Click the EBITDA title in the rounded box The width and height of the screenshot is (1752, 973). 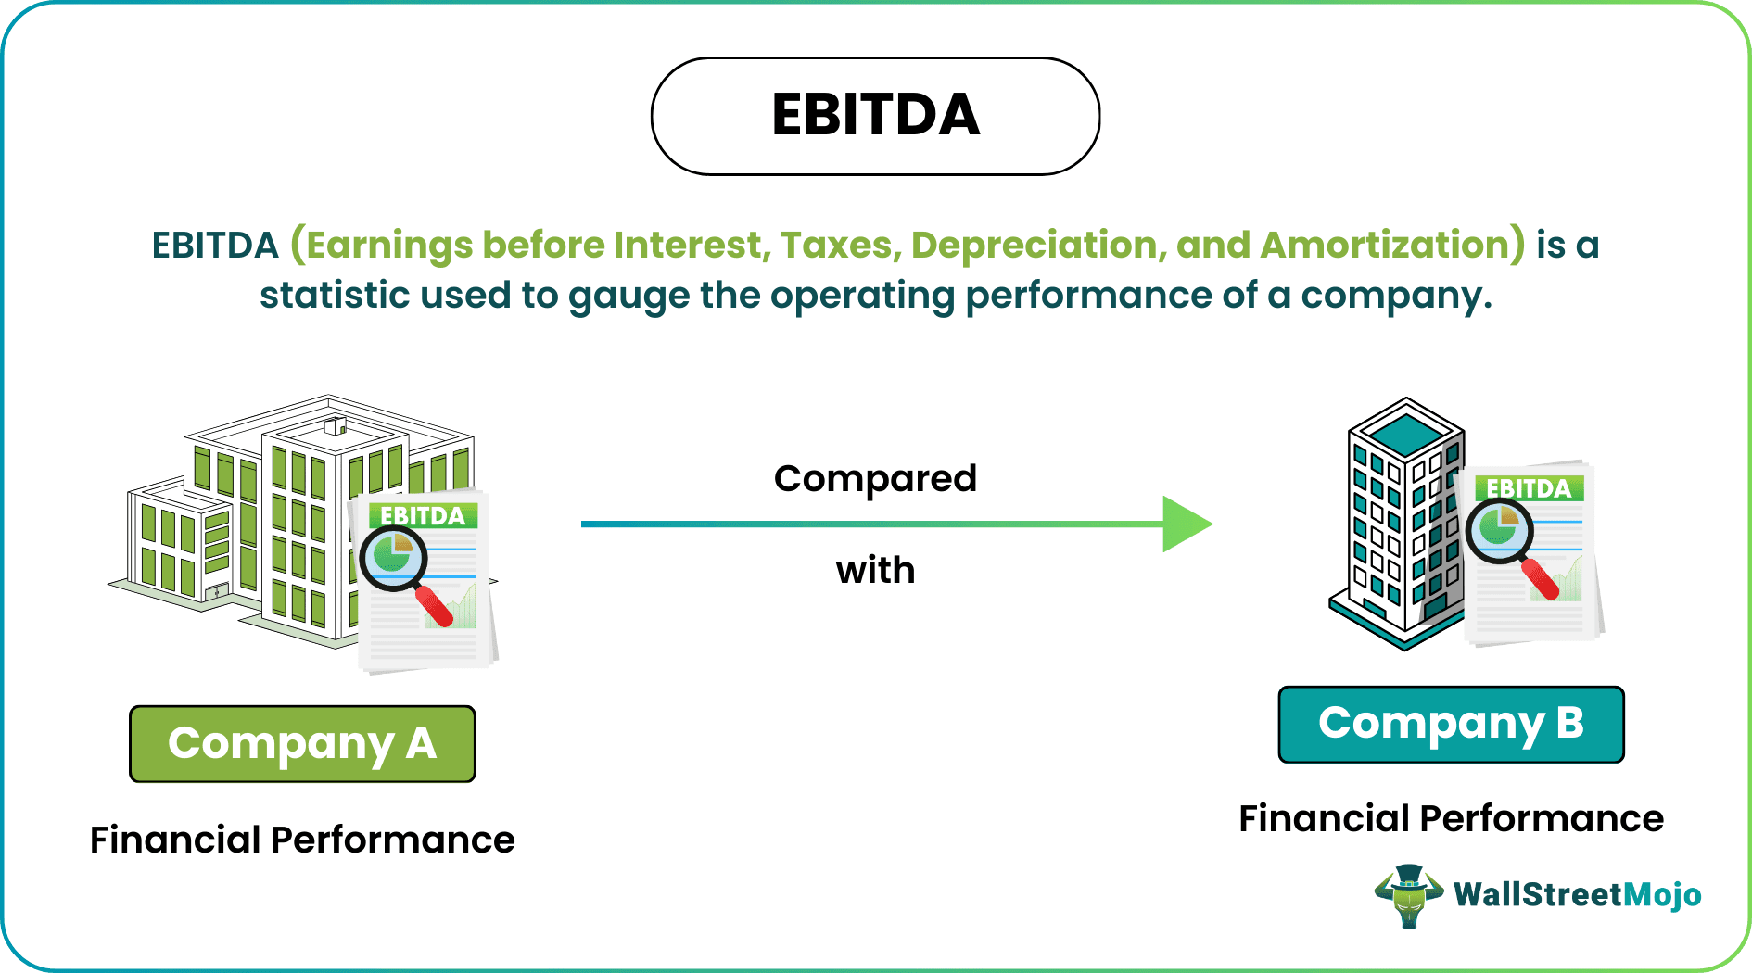tap(875, 116)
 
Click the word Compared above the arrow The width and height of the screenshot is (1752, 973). tap(875, 478)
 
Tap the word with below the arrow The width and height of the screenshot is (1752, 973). tap(875, 570)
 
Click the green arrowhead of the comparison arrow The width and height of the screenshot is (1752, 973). tap(1185, 524)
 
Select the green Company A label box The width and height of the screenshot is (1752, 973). tap(302, 744)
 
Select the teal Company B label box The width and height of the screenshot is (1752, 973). tap(1451, 724)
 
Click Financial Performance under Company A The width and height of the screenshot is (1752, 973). tap(302, 840)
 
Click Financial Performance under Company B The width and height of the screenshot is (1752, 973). tap(1451, 819)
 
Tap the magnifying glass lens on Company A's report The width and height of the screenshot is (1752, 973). tap(393, 557)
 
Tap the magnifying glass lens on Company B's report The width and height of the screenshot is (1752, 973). tap(1499, 530)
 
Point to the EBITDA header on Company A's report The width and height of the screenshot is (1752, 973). tap(423, 516)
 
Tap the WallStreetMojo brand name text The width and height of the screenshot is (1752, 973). tap(1577, 894)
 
